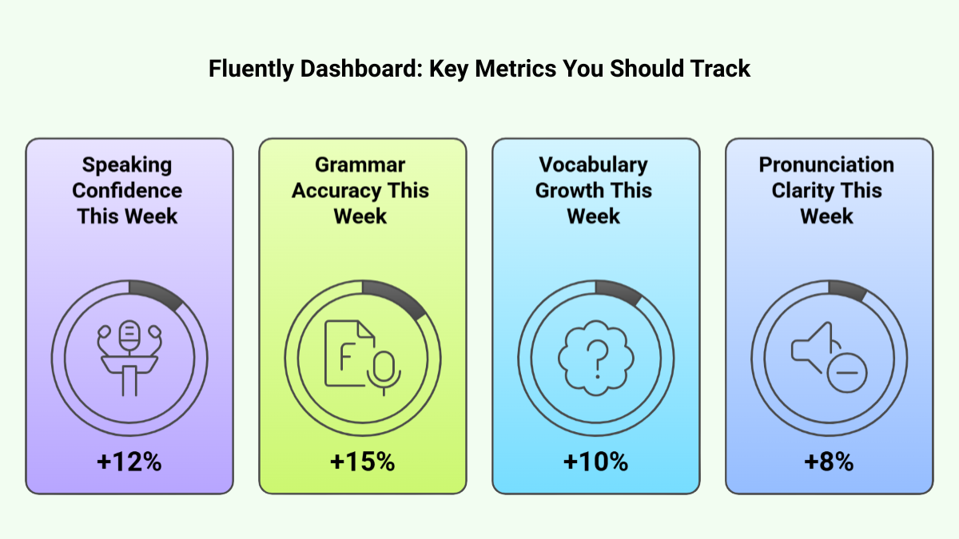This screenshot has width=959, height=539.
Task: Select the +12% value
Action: (129, 462)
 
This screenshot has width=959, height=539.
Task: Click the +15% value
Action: (362, 462)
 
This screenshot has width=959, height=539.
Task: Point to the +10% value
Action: (595, 462)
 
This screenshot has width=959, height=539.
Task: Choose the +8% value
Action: (829, 462)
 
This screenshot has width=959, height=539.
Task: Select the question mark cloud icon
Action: (595, 355)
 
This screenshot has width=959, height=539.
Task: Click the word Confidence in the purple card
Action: (127, 191)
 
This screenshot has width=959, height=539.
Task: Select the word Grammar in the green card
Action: (360, 164)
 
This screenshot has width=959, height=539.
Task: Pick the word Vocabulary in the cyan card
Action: (593, 164)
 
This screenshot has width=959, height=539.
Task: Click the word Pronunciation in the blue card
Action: (826, 164)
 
